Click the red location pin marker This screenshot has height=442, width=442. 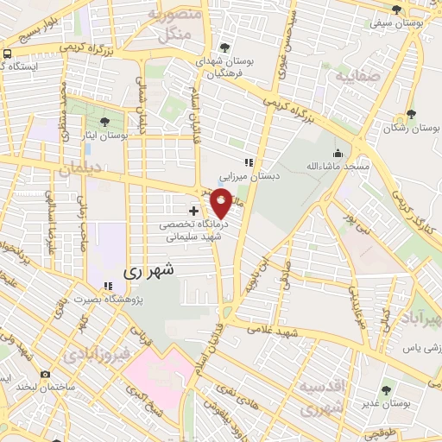221,204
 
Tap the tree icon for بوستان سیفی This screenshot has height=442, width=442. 397,10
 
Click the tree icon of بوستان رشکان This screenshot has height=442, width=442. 411,113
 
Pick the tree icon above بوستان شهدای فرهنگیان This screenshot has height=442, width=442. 225,47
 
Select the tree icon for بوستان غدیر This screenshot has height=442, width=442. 385,390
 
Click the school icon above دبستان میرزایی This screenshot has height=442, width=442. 248,162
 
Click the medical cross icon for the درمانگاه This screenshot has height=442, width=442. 193,210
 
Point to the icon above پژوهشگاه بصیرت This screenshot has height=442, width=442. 108,287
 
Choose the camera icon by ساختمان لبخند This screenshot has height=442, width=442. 45,375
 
